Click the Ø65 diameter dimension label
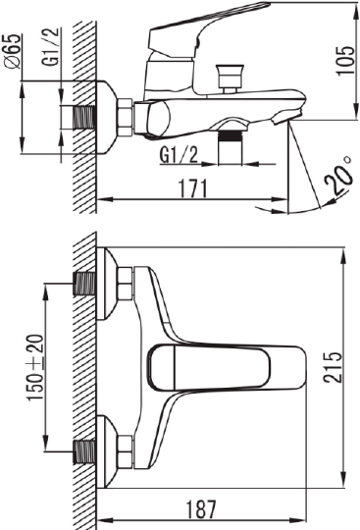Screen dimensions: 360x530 click(x=13, y=51)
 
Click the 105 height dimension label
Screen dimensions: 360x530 click(x=346, y=60)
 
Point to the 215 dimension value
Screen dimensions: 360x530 click(x=334, y=367)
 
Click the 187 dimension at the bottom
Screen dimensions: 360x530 click(x=201, y=508)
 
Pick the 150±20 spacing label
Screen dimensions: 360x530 click(x=35, y=367)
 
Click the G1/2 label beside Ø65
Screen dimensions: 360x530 click(x=50, y=47)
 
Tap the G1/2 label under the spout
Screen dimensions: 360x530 click(x=179, y=155)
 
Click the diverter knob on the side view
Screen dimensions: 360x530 click(x=231, y=79)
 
